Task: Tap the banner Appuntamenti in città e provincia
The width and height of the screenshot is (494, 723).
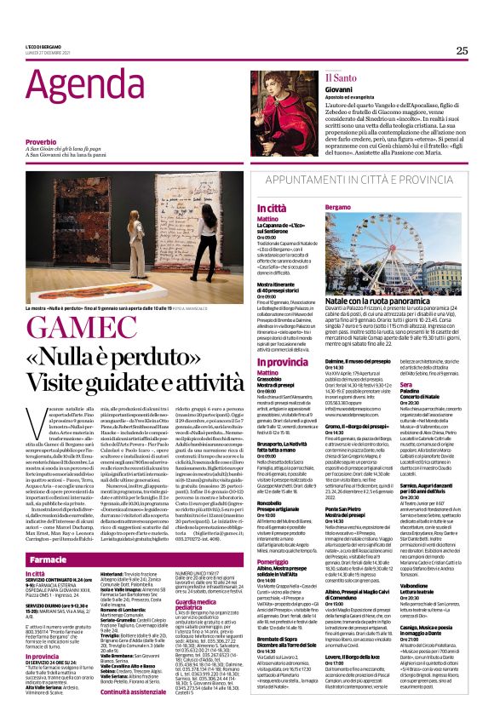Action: pos(350,180)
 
